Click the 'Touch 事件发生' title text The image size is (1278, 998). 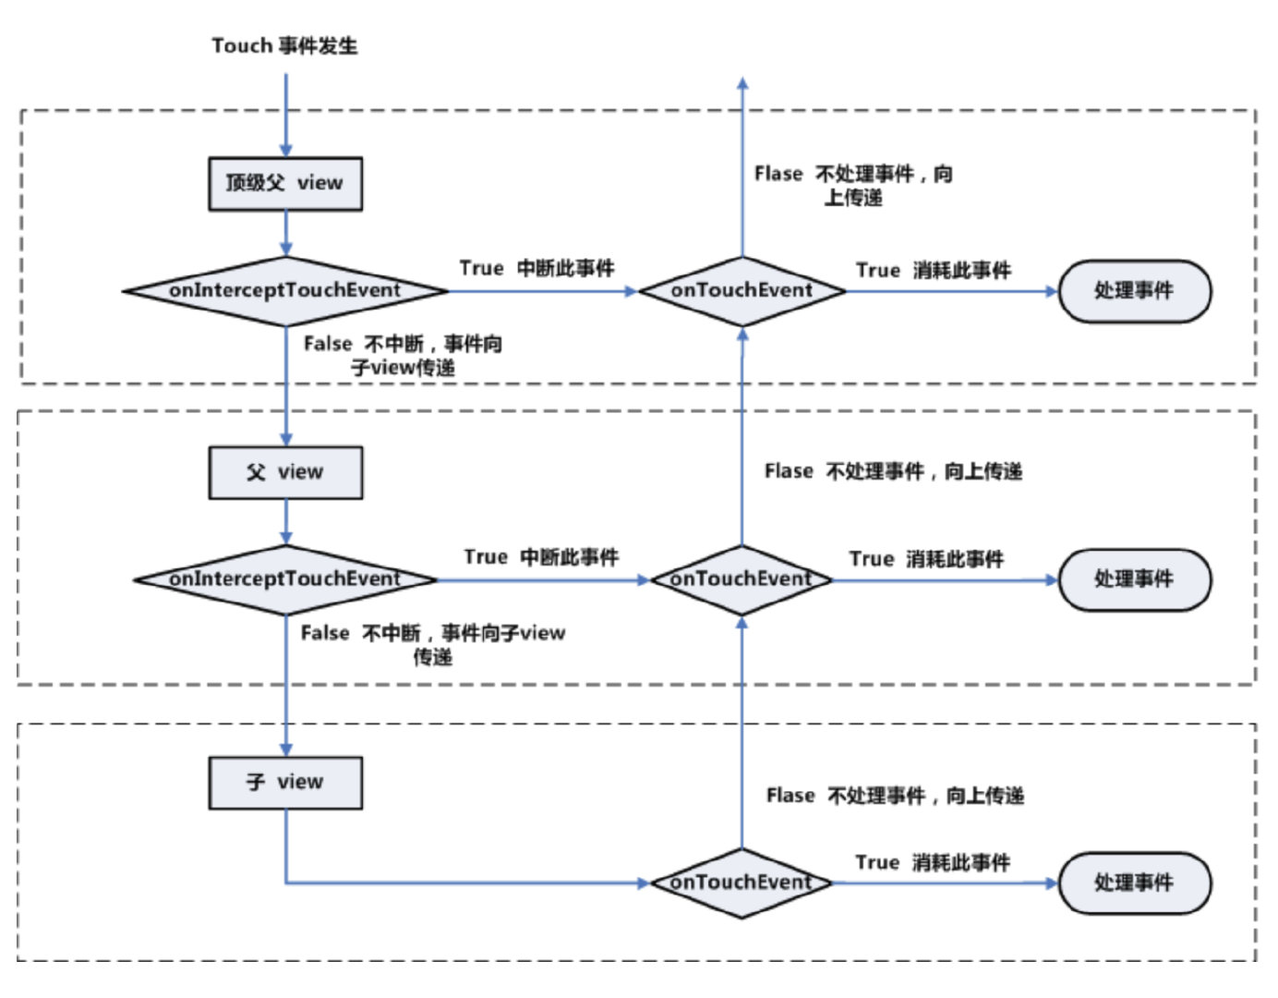click(284, 46)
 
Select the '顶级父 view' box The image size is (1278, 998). click(285, 184)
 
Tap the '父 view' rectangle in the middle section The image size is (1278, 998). click(285, 472)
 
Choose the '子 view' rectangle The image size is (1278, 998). click(285, 783)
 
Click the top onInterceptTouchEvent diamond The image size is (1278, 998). click(286, 291)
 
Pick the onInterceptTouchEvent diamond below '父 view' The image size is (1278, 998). click(286, 580)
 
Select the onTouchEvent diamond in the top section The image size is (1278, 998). click(742, 291)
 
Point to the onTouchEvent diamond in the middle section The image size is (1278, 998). click(742, 580)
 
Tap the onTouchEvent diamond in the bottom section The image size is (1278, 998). click(742, 882)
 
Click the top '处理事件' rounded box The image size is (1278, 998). click(1135, 291)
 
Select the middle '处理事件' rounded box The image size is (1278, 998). click(1135, 580)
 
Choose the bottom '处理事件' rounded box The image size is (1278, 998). click(1135, 882)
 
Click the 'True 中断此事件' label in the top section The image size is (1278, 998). click(537, 268)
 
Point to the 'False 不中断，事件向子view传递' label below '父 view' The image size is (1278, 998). click(433, 645)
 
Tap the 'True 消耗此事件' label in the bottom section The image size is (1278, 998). click(933, 863)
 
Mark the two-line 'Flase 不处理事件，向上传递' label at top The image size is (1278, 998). click(853, 186)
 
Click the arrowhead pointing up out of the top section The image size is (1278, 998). click(742, 83)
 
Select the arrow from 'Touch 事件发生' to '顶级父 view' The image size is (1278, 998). click(286, 116)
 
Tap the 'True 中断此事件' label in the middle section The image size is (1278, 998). click(541, 556)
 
